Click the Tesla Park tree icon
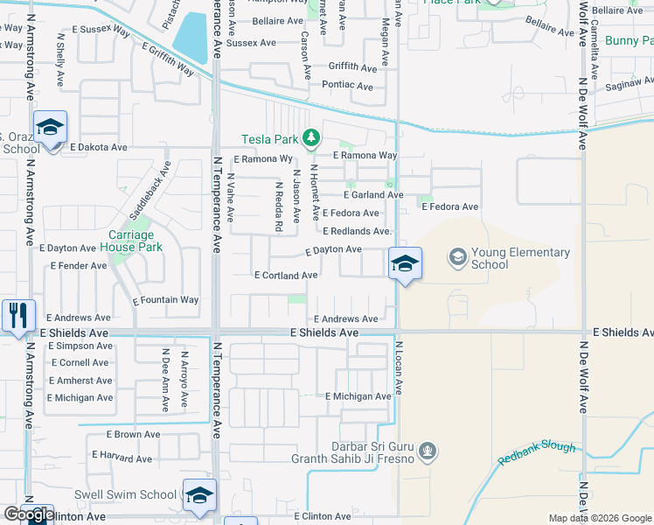pyautogui.click(x=310, y=137)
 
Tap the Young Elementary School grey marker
pyautogui.click(x=456, y=257)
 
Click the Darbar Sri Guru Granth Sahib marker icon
pyautogui.click(x=428, y=451)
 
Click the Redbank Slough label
pyautogui.click(x=537, y=452)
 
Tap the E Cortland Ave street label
pyautogui.click(x=285, y=275)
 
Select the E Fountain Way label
pyautogui.click(x=165, y=300)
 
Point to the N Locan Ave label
pyautogui.click(x=397, y=367)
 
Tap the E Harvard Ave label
pyautogui.click(x=126, y=457)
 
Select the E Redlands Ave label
pyautogui.click(x=355, y=232)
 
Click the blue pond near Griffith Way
pyautogui.click(x=191, y=37)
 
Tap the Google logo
pyautogui.click(x=28, y=514)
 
